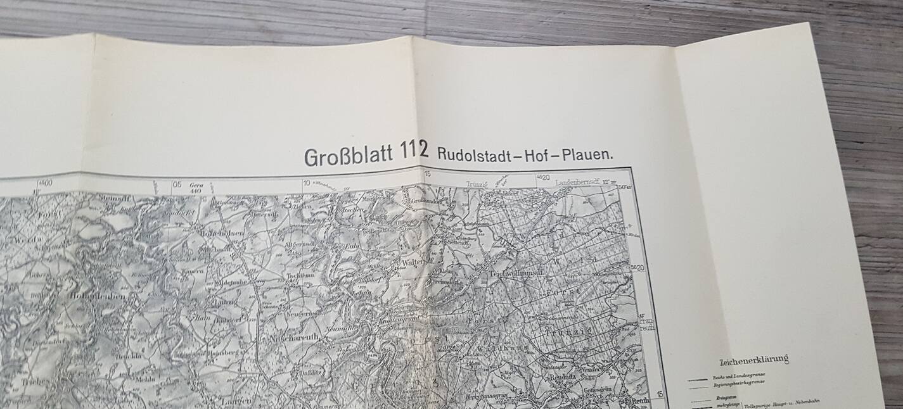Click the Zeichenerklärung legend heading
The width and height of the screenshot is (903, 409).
[754, 361]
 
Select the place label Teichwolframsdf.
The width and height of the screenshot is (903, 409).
[515, 274]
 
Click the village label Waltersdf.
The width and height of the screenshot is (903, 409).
[416, 261]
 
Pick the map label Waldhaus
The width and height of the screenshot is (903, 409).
[487, 347]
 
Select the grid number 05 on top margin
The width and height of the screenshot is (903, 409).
[177, 185]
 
